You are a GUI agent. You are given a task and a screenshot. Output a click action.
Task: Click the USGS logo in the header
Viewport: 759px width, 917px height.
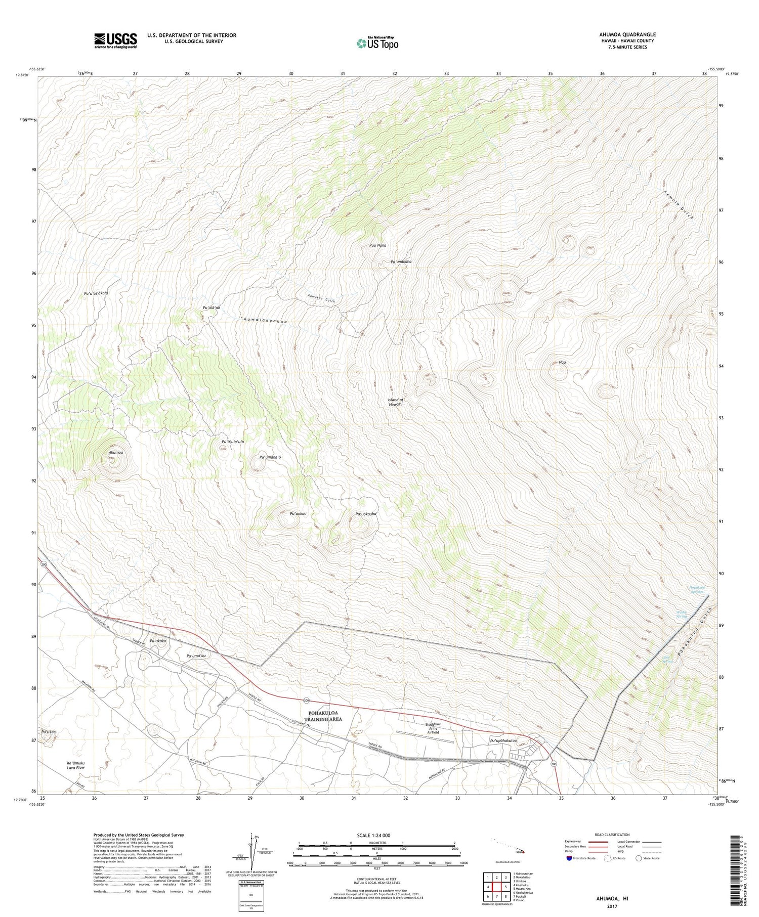click(x=115, y=40)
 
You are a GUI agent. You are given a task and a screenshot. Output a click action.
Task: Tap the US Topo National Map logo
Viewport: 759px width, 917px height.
click(x=377, y=43)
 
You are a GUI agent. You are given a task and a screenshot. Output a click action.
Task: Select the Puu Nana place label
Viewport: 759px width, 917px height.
click(x=377, y=245)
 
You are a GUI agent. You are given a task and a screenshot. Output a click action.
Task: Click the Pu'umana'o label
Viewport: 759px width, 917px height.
click(x=270, y=457)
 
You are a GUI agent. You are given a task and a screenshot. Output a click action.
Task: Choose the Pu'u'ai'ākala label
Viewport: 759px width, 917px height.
click(x=96, y=293)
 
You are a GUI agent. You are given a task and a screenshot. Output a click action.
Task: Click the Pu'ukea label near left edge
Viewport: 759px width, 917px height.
click(x=48, y=732)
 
